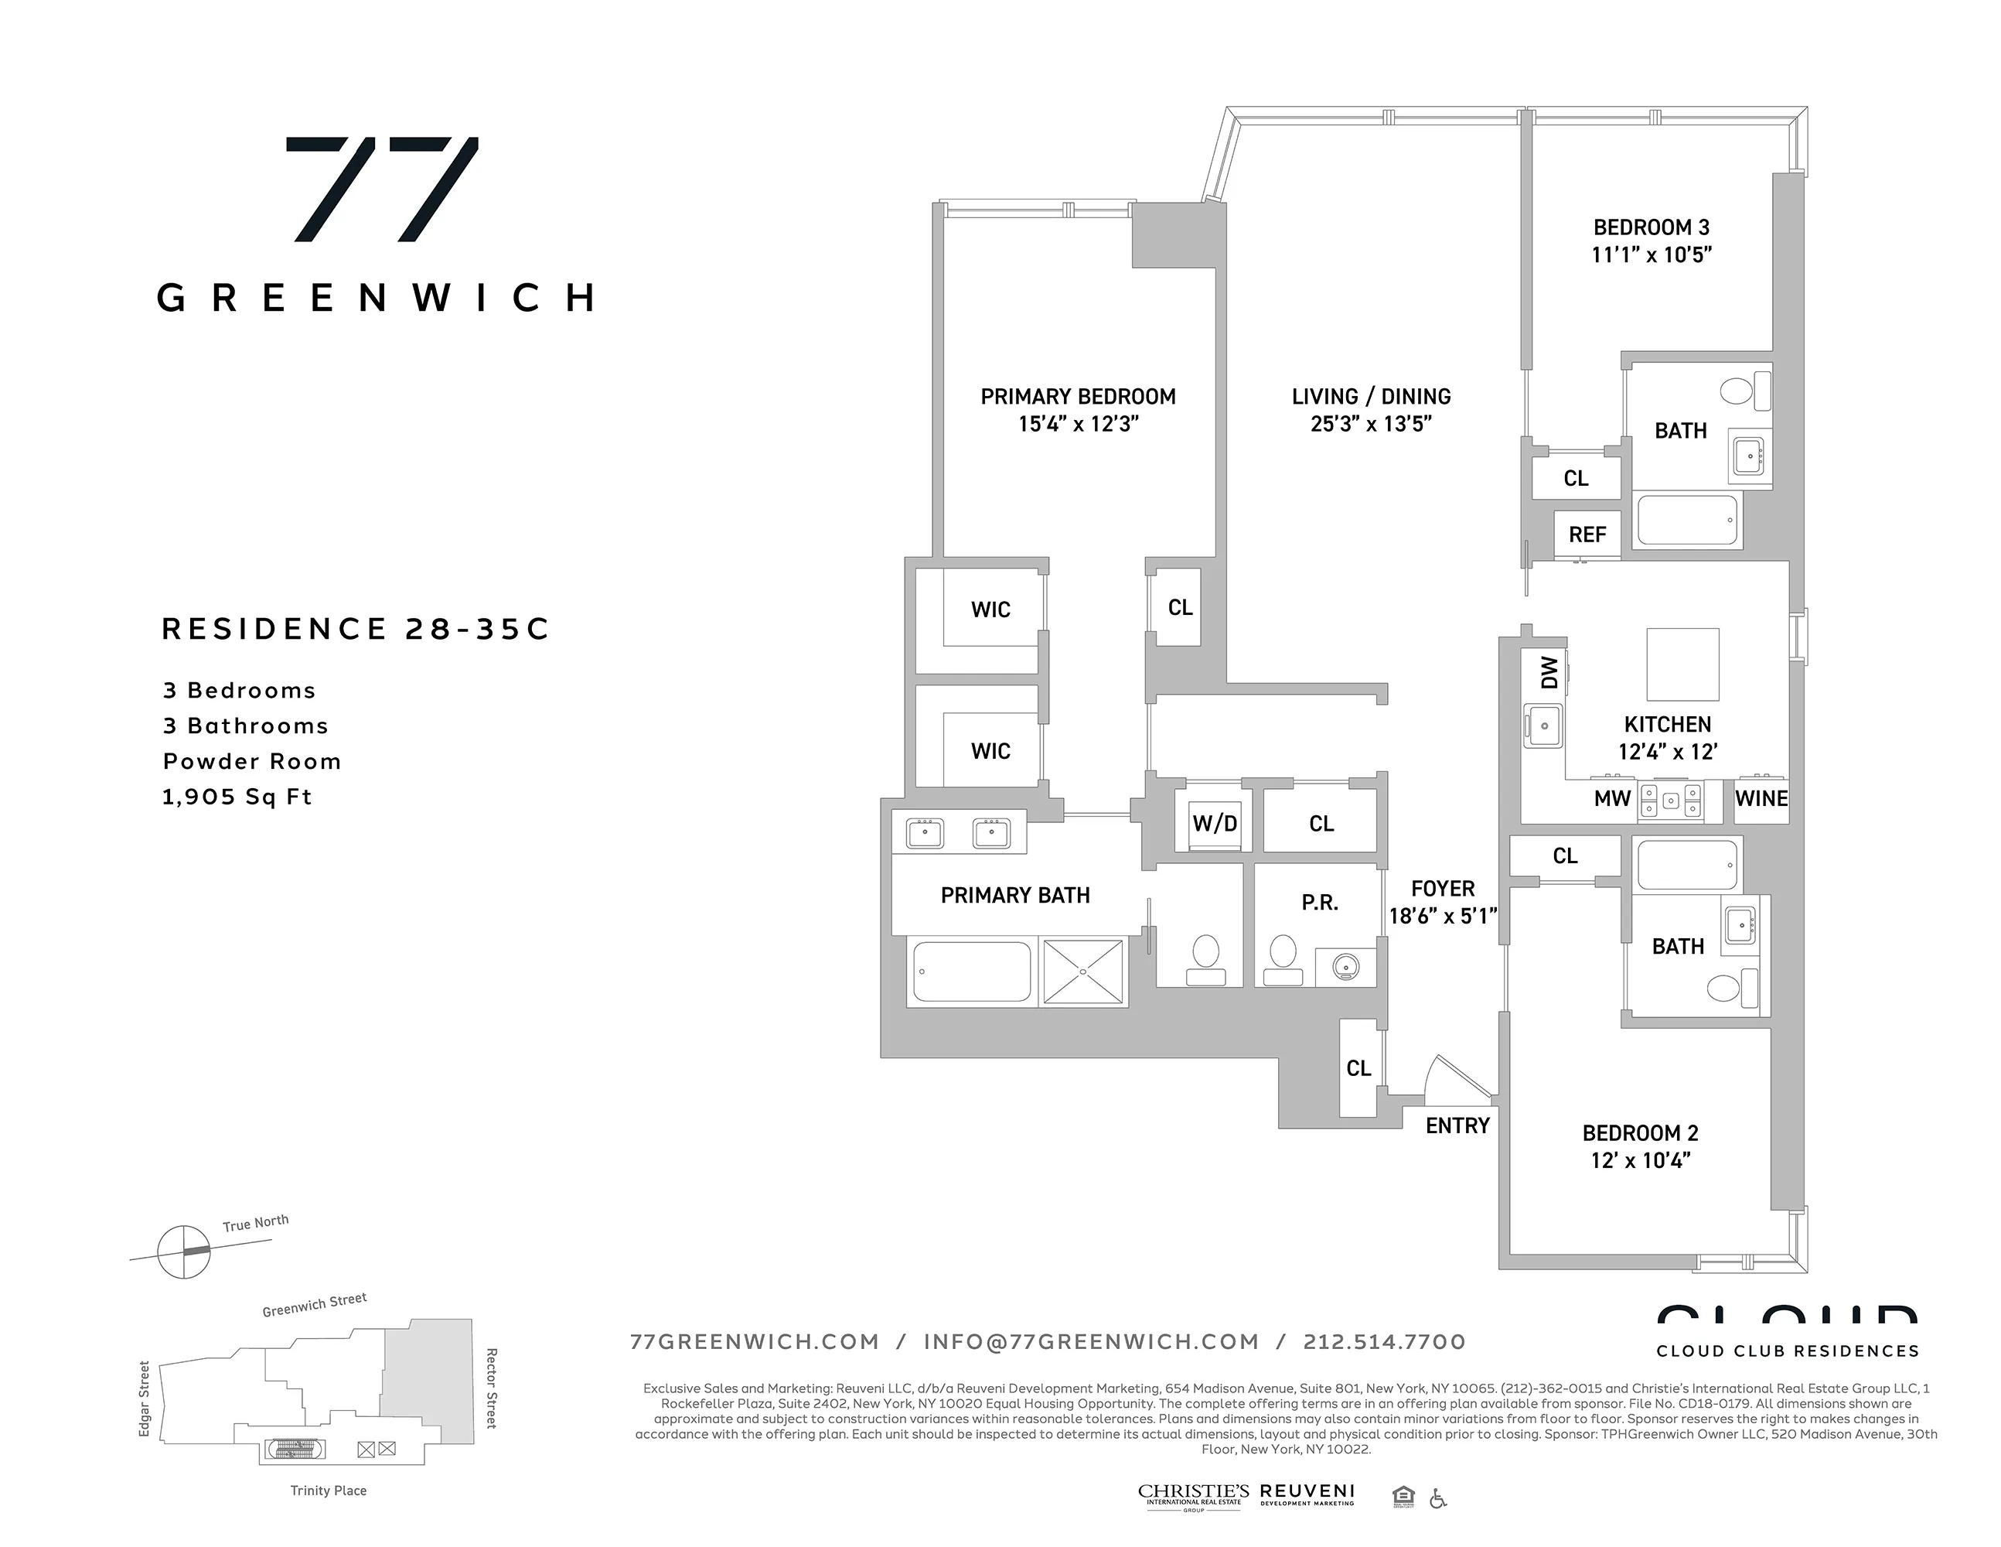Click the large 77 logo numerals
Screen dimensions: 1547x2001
[x=382, y=189]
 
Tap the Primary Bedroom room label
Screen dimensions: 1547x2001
[x=1078, y=397]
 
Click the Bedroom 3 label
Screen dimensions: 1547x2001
[x=1651, y=227]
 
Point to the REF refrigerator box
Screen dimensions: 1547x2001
[x=1587, y=534]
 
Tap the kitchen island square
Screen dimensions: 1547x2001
[x=1682, y=664]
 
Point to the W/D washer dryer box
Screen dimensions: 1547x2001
[x=1214, y=823]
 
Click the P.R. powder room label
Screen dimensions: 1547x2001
[x=1319, y=903]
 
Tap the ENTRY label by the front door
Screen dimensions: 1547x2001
[x=1457, y=1125]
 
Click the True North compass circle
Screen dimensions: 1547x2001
[x=184, y=1251]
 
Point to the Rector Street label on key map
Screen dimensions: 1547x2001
[x=491, y=1388]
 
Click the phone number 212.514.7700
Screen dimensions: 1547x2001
[x=1385, y=1342]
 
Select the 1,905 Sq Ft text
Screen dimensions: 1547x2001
[x=237, y=797]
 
